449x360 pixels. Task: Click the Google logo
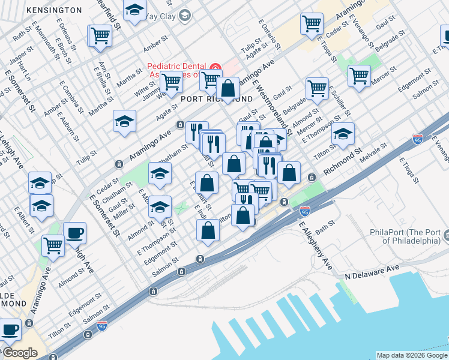[19, 353]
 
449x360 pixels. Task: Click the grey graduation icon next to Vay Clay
[184, 16]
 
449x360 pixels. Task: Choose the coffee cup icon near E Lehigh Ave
[75, 233]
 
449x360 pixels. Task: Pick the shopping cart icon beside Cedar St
[312, 24]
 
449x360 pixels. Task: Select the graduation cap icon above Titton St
[343, 133]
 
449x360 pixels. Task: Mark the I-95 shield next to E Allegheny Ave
[304, 211]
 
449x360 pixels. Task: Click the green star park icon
[182, 208]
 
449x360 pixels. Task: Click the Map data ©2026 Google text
[412, 355]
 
